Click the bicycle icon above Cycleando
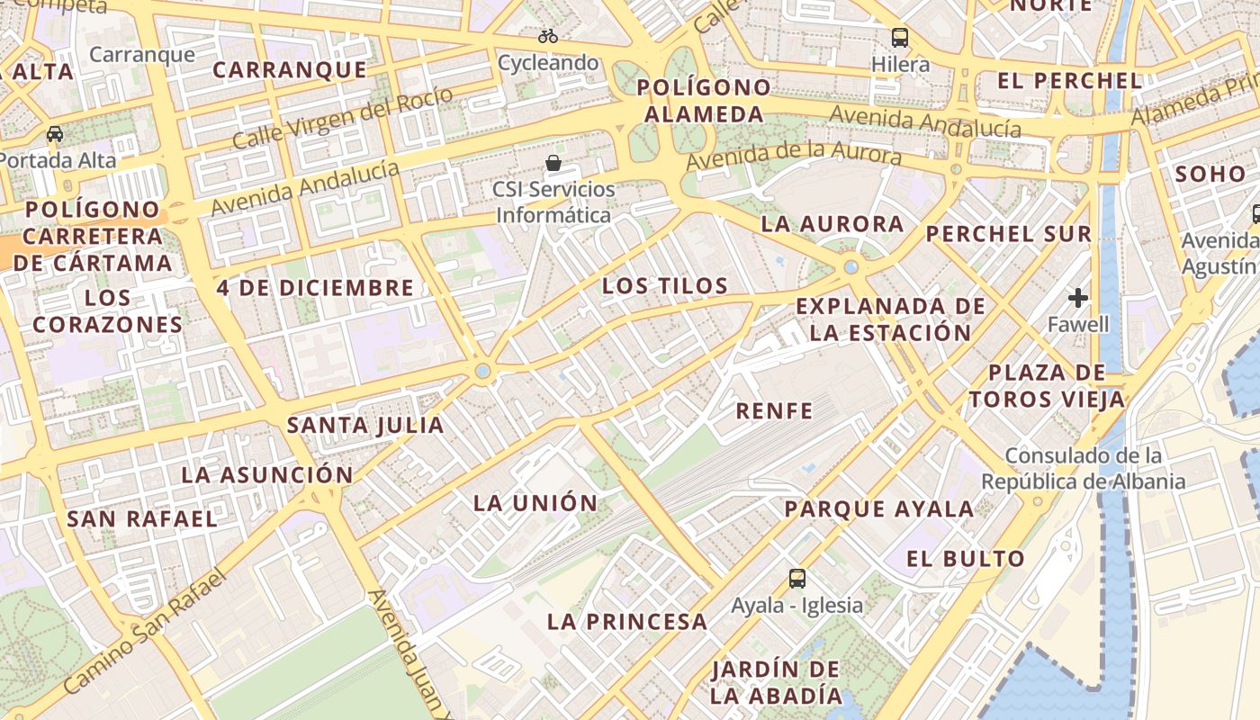[548, 37]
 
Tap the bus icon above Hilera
[900, 38]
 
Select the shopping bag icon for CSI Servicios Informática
[553, 163]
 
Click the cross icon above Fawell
[1078, 297]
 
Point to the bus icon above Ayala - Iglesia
[796, 578]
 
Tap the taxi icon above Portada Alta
[55, 134]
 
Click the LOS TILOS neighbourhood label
[664, 286]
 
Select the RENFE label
[774, 411]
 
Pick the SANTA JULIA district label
[365, 425]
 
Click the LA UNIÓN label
[535, 503]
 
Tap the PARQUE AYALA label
[878, 509]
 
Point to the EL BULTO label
[965, 559]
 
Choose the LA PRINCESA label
[627, 621]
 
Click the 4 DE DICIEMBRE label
[315, 288]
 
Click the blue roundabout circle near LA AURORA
[851, 266]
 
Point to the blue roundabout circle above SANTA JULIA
[483, 370]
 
